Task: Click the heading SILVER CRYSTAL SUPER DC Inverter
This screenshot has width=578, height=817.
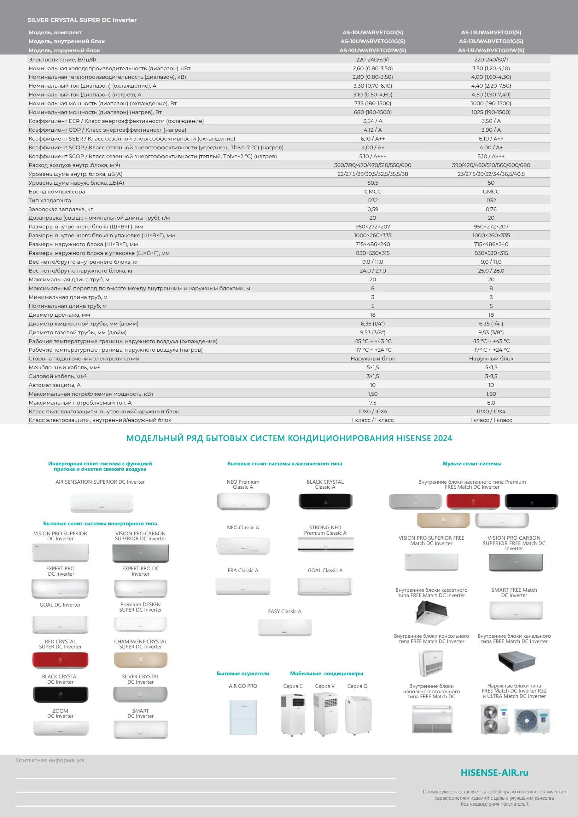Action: click(x=82, y=20)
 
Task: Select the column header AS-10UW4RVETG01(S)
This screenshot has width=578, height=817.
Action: click(x=372, y=32)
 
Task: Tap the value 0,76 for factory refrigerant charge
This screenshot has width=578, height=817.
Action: click(x=491, y=209)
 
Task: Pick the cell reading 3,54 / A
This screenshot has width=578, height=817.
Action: click(x=372, y=121)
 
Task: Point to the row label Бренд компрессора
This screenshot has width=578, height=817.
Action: click(x=57, y=192)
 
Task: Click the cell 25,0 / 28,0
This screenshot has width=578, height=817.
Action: click(x=491, y=270)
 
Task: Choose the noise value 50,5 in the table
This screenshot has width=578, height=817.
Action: click(x=372, y=182)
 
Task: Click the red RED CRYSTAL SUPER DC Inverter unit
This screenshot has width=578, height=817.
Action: click(x=60, y=660)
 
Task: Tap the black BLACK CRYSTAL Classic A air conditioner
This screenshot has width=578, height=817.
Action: click(x=325, y=501)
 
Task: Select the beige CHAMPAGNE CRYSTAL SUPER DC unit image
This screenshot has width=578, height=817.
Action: click(x=140, y=660)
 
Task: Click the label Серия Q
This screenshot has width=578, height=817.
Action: click(x=357, y=686)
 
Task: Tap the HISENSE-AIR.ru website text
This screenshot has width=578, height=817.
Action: click(x=494, y=773)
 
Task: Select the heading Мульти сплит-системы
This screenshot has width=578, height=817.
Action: click(x=472, y=464)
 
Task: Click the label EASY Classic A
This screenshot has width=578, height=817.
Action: click(x=284, y=611)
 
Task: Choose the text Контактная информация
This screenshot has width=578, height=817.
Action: click(x=50, y=760)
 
